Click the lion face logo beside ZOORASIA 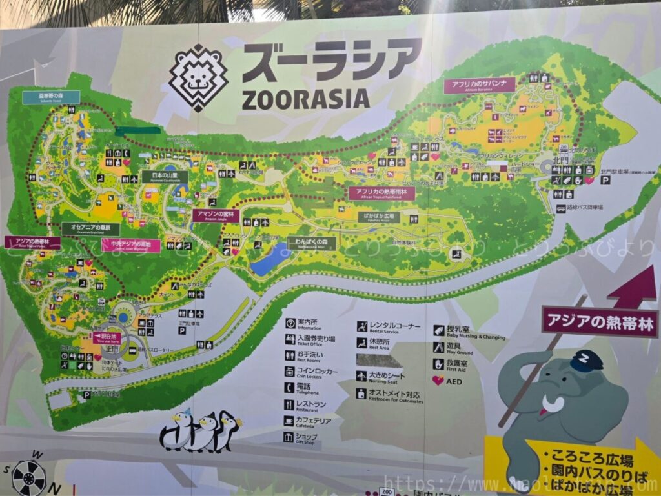click(x=198, y=77)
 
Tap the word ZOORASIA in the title click(x=305, y=99)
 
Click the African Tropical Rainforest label click(x=381, y=193)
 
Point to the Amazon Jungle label click(x=216, y=215)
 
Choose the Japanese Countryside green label click(x=165, y=177)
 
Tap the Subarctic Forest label click(x=51, y=97)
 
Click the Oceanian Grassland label click(x=91, y=228)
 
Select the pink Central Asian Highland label click(x=131, y=245)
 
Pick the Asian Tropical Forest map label click(x=32, y=243)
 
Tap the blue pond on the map click(x=269, y=261)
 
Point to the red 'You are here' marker click(x=107, y=337)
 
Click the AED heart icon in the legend click(x=438, y=381)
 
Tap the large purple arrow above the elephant click(x=632, y=288)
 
